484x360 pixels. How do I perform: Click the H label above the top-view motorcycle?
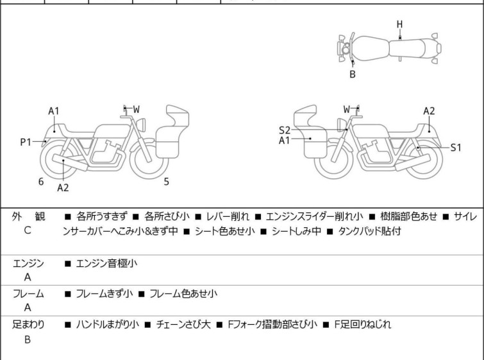pos(399,24)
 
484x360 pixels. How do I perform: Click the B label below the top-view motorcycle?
pos(352,74)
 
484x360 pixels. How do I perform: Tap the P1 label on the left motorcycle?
pos(26,142)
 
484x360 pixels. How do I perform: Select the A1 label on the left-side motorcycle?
pos(54,111)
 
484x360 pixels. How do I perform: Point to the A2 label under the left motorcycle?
pos(63,187)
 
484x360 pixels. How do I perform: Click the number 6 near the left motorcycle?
pos(41,182)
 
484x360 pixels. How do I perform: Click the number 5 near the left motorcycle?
pos(166,182)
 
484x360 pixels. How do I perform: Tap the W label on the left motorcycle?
pos(136,109)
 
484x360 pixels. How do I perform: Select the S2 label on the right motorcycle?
pos(285,130)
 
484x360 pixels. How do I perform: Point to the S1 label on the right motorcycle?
pos(455,148)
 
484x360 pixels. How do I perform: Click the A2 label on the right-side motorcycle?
pos(429,111)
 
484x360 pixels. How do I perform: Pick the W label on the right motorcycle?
pos(347,109)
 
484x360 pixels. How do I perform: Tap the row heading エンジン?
pos(28,263)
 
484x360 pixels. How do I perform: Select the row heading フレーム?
pos(28,294)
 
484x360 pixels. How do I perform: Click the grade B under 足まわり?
pos(28,339)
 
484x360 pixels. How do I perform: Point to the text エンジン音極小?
pos(106,263)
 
